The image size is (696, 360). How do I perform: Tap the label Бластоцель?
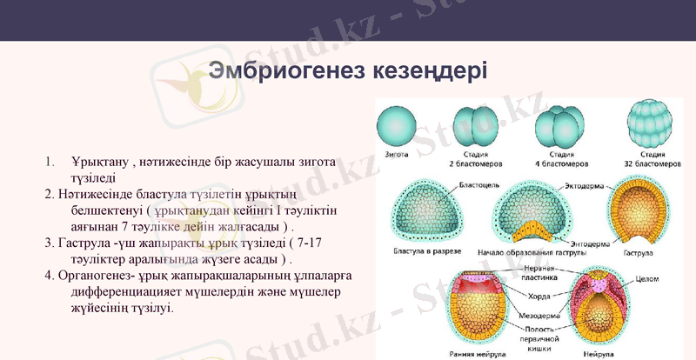point(481,186)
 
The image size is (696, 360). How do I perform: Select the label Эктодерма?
point(583,186)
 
